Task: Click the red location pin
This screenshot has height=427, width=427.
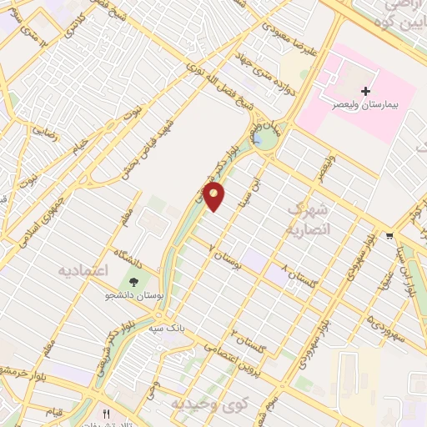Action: click(215, 198)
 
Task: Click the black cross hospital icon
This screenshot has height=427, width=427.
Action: click(366, 90)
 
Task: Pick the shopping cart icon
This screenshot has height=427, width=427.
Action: click(389, 236)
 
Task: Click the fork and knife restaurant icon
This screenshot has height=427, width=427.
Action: click(105, 414)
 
